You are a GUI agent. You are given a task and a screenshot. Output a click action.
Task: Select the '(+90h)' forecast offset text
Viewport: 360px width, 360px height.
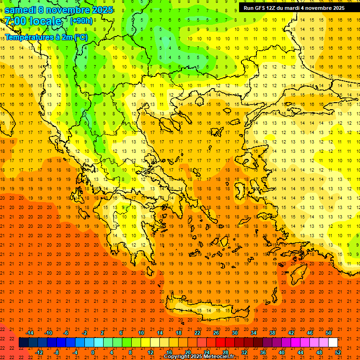click(81, 21)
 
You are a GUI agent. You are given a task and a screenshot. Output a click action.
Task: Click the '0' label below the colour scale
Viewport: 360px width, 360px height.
click(93, 352)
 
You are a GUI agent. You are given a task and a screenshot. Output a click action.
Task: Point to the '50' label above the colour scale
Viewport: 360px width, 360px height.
click(328, 333)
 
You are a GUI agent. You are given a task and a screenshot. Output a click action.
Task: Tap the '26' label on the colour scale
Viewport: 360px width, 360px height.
click(216, 333)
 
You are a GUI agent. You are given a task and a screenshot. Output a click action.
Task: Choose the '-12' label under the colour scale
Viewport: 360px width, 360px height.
click(39, 352)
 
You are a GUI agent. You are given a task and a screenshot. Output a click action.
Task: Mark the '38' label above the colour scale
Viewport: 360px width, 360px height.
click(272, 333)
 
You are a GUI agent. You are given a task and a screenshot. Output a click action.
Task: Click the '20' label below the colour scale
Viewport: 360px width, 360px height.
click(187, 352)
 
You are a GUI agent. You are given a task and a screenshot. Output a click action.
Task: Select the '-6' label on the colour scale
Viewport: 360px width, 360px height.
click(66, 333)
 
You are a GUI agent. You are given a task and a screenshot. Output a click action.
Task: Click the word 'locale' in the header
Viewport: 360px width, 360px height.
click(45, 21)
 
